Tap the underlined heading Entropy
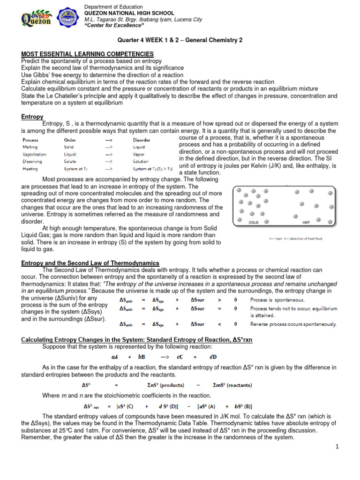(x=32, y=117)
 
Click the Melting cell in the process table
(x=30, y=147)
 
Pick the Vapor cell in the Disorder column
(x=139, y=154)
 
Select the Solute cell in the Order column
(x=72, y=161)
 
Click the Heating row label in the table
(x=30, y=168)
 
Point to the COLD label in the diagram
(x=254, y=223)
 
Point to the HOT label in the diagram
(x=306, y=223)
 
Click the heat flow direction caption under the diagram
(x=295, y=239)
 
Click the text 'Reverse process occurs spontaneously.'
(x=293, y=324)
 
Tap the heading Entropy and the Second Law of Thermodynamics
(x=90, y=263)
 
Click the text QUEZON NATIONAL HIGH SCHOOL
(x=129, y=13)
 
